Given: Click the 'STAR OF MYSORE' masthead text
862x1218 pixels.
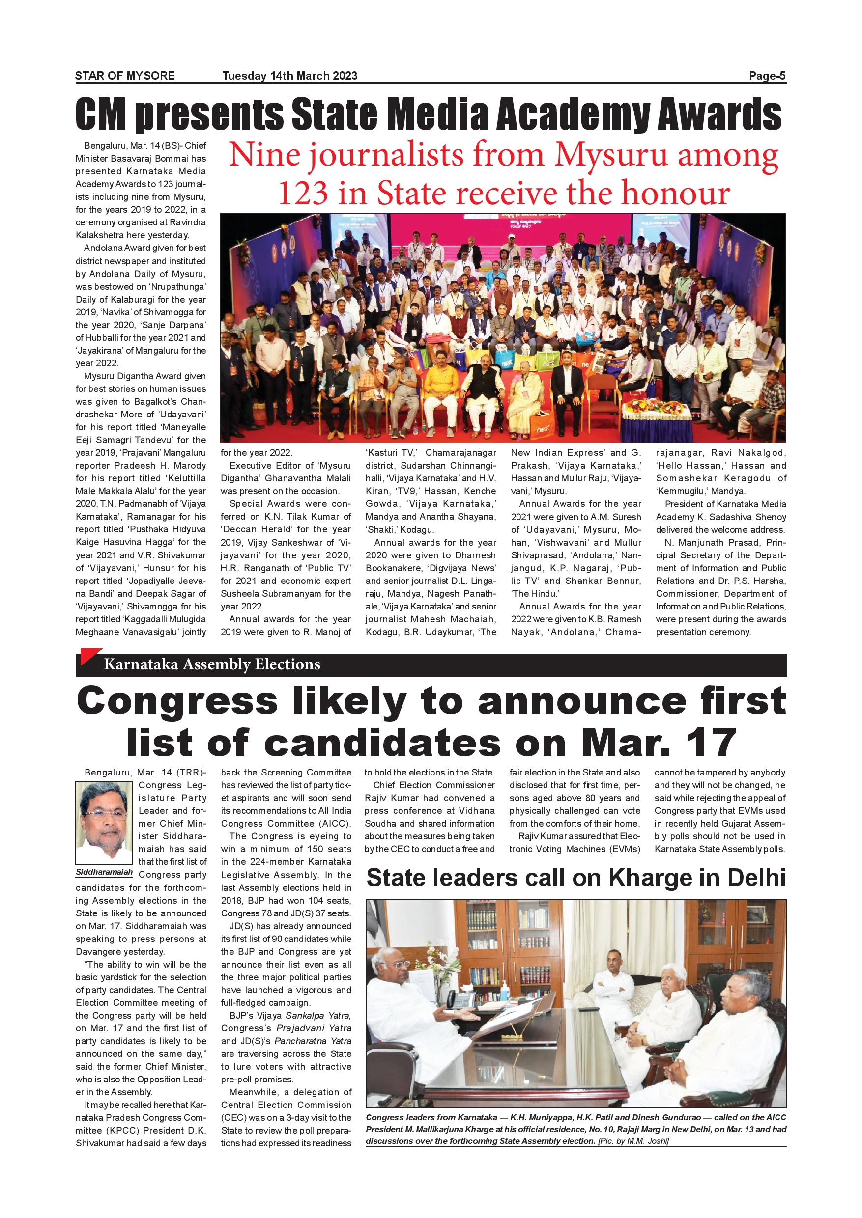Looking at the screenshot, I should pos(125,75).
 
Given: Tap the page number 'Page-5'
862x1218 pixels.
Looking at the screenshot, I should pos(767,76).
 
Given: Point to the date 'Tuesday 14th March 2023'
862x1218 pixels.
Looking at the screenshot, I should pos(290,75).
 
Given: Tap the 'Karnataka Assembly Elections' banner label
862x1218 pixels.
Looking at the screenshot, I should pos(212,664).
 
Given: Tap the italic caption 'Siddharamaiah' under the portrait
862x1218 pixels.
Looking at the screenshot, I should pos(104,872).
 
